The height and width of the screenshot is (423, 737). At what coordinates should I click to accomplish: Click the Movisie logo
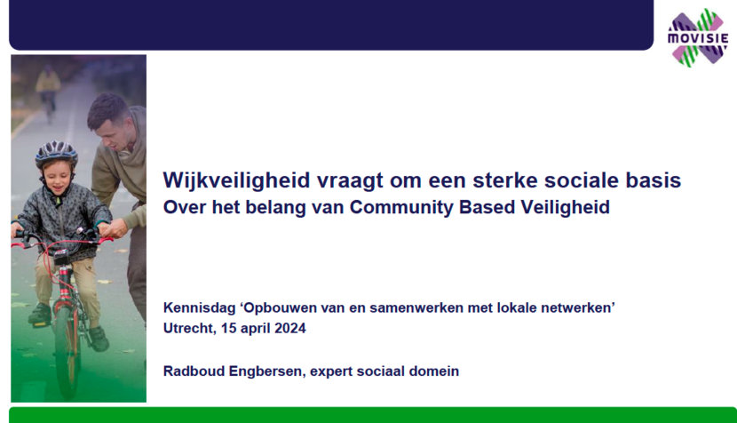698,37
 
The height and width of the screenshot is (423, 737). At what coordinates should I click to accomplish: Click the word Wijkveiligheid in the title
236,180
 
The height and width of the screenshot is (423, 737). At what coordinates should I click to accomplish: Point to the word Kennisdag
199,308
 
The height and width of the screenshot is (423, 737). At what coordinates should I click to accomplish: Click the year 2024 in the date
290,329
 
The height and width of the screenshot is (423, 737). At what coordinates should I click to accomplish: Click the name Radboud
194,371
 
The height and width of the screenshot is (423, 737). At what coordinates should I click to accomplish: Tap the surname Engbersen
267,371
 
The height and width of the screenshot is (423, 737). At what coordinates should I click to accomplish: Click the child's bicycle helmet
57,154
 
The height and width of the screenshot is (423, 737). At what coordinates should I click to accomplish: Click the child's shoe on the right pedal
99,339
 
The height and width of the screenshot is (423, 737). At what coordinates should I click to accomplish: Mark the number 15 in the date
228,329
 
